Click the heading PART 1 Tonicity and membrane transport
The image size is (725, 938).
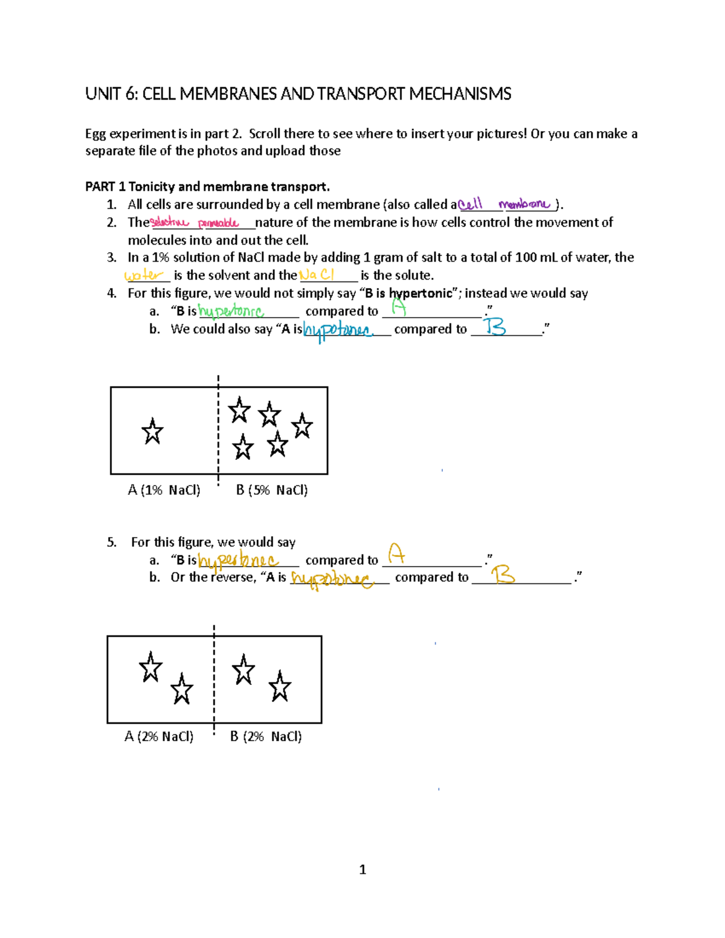coord(207,187)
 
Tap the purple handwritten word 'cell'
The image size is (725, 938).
coord(471,205)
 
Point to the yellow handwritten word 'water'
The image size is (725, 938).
coord(144,275)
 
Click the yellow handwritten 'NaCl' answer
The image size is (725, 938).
coord(317,275)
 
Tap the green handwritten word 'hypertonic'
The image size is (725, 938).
coord(231,312)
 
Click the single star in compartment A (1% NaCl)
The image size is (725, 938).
coord(152,432)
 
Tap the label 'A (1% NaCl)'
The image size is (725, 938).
coord(164,490)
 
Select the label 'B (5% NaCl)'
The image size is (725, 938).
coord(272,490)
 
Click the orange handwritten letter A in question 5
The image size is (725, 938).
coord(396,553)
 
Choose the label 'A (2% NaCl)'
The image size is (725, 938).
coord(159,736)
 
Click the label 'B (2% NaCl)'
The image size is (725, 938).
coord(266,736)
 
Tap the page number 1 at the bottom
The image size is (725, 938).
coord(362,870)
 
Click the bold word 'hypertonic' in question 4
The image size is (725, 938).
coord(420,294)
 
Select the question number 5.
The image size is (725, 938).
coord(111,542)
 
